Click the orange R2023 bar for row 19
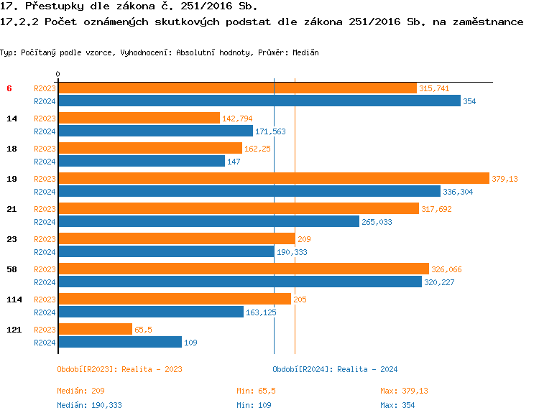273,179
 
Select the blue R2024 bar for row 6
259,101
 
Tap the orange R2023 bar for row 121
95,330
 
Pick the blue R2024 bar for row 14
155,131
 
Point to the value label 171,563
270,131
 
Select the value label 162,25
257,149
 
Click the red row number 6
9,88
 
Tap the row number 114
12,299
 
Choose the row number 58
11,269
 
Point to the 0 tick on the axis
57,74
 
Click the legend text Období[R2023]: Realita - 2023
119,369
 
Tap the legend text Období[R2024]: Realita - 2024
335,369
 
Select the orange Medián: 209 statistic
81,391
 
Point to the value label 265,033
377,222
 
